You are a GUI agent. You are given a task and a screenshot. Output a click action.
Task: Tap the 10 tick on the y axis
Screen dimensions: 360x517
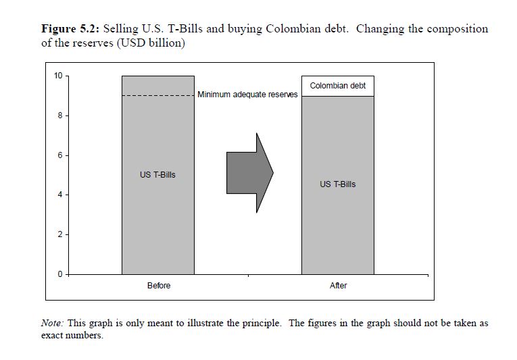click(58, 76)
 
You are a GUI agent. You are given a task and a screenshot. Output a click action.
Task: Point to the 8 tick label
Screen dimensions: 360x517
click(59, 115)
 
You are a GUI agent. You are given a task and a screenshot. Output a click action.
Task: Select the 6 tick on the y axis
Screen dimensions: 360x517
click(59, 155)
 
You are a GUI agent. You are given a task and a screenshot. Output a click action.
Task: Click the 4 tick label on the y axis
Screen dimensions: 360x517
click(59, 195)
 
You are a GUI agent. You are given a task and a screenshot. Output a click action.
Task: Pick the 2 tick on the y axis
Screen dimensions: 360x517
click(59, 235)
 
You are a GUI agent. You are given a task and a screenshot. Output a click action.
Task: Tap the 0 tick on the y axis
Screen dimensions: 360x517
click(59, 274)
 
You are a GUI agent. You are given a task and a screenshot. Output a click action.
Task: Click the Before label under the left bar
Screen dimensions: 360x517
click(159, 286)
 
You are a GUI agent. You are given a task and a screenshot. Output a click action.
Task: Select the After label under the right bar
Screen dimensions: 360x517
click(338, 286)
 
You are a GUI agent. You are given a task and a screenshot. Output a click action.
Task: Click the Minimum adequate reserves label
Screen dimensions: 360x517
click(247, 95)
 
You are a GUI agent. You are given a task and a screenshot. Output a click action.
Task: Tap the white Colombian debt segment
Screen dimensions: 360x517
click(338, 86)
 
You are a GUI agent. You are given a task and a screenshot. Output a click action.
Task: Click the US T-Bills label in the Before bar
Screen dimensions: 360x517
click(157, 175)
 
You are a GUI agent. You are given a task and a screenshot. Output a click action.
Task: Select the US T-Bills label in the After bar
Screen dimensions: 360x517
click(338, 184)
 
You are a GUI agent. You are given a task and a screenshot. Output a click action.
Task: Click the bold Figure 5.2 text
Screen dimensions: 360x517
click(70, 29)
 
